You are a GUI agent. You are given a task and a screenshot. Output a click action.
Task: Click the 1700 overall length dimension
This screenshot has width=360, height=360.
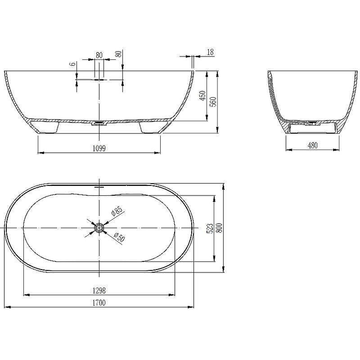click(x=99, y=303)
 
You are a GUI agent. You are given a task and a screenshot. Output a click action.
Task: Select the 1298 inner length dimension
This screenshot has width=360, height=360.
click(x=99, y=291)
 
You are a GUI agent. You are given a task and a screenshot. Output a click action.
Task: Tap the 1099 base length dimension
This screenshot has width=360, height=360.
click(x=99, y=148)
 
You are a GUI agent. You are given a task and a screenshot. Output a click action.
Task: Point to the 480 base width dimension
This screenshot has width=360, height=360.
click(x=312, y=145)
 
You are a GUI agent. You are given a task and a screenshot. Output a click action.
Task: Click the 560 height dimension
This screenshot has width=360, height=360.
click(x=213, y=102)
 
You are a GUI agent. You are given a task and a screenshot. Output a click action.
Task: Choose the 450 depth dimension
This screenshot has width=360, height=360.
click(x=202, y=96)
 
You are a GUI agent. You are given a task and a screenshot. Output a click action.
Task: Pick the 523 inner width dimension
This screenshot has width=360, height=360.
click(x=210, y=228)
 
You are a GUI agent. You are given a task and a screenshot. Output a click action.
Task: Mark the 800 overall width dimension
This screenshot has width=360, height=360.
click(x=220, y=228)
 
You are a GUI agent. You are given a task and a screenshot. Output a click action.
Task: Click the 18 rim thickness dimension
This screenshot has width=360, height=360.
click(x=210, y=52)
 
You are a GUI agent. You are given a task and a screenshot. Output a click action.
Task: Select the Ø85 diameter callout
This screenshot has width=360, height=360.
click(x=117, y=210)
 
